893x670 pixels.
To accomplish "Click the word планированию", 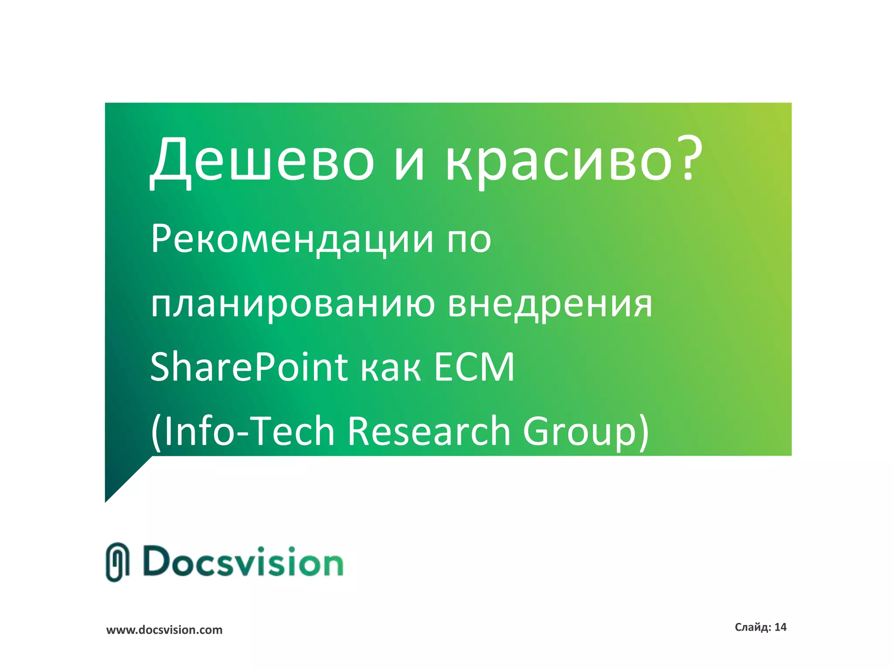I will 292,304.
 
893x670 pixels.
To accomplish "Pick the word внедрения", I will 550,304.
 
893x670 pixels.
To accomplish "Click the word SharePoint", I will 249,367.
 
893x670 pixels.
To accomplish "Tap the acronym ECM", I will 474,367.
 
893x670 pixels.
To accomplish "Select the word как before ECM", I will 391,370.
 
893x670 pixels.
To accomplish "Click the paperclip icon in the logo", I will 117,562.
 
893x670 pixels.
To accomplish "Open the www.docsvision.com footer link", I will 164,630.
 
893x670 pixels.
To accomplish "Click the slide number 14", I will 781,627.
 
